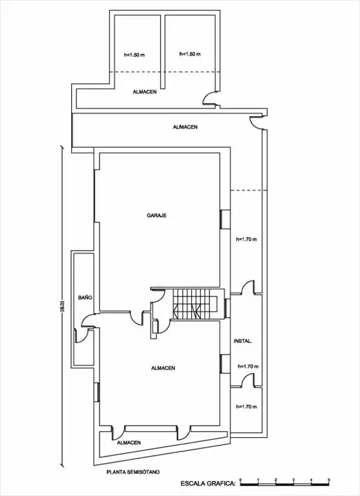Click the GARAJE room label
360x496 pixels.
[x=156, y=216]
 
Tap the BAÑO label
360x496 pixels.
[x=85, y=298]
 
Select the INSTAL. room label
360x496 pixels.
[x=243, y=341]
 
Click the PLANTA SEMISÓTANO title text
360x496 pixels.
[x=133, y=472]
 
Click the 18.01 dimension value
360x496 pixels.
[x=63, y=307]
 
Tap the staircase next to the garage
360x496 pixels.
[x=195, y=304]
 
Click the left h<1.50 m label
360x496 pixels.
[x=134, y=55]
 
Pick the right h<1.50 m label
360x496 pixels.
[x=190, y=54]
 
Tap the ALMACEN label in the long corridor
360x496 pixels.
[x=185, y=127]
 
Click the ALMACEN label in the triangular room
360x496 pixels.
[x=129, y=442]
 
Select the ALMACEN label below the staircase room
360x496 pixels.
[x=163, y=368]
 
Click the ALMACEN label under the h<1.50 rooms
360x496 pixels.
[x=144, y=92]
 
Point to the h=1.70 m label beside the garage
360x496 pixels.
[x=246, y=240]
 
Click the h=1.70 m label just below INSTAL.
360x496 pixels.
[x=248, y=367]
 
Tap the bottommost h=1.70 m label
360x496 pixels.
[x=246, y=407]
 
